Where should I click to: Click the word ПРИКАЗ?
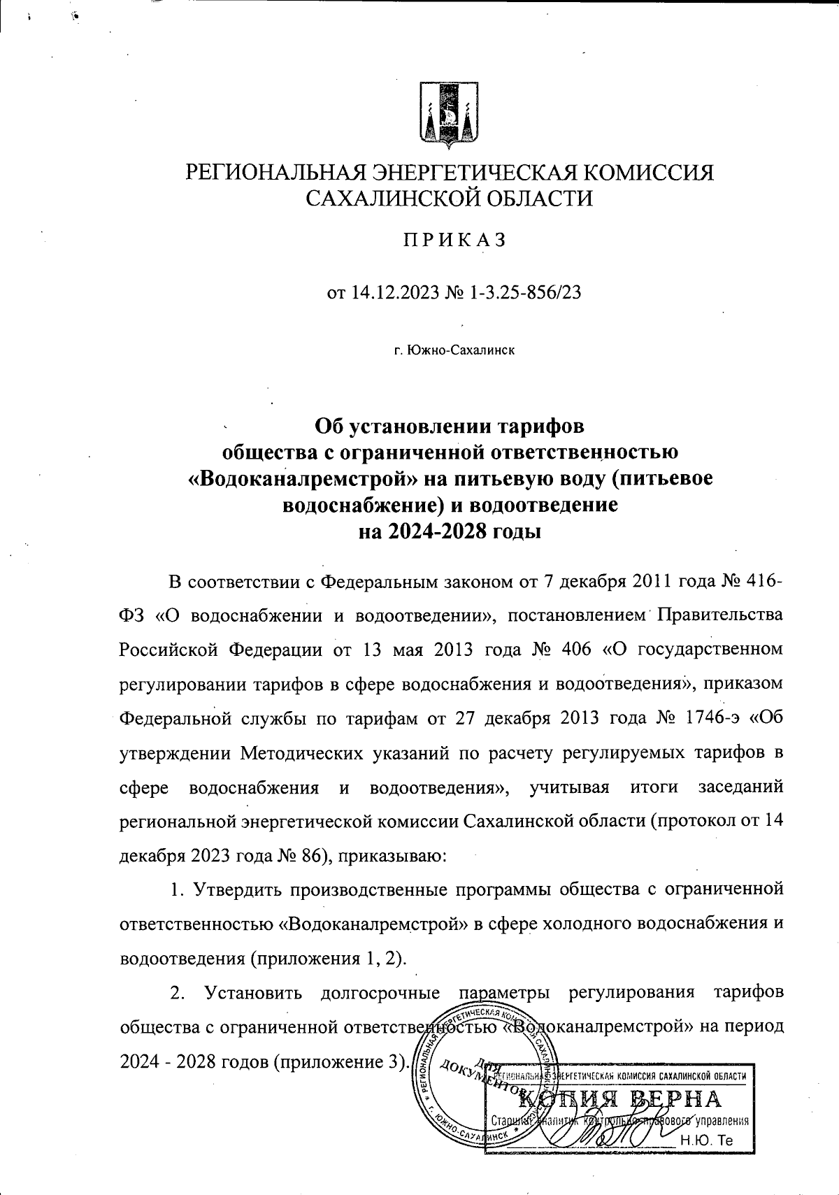[452, 240]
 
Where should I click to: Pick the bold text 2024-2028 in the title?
[438, 531]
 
